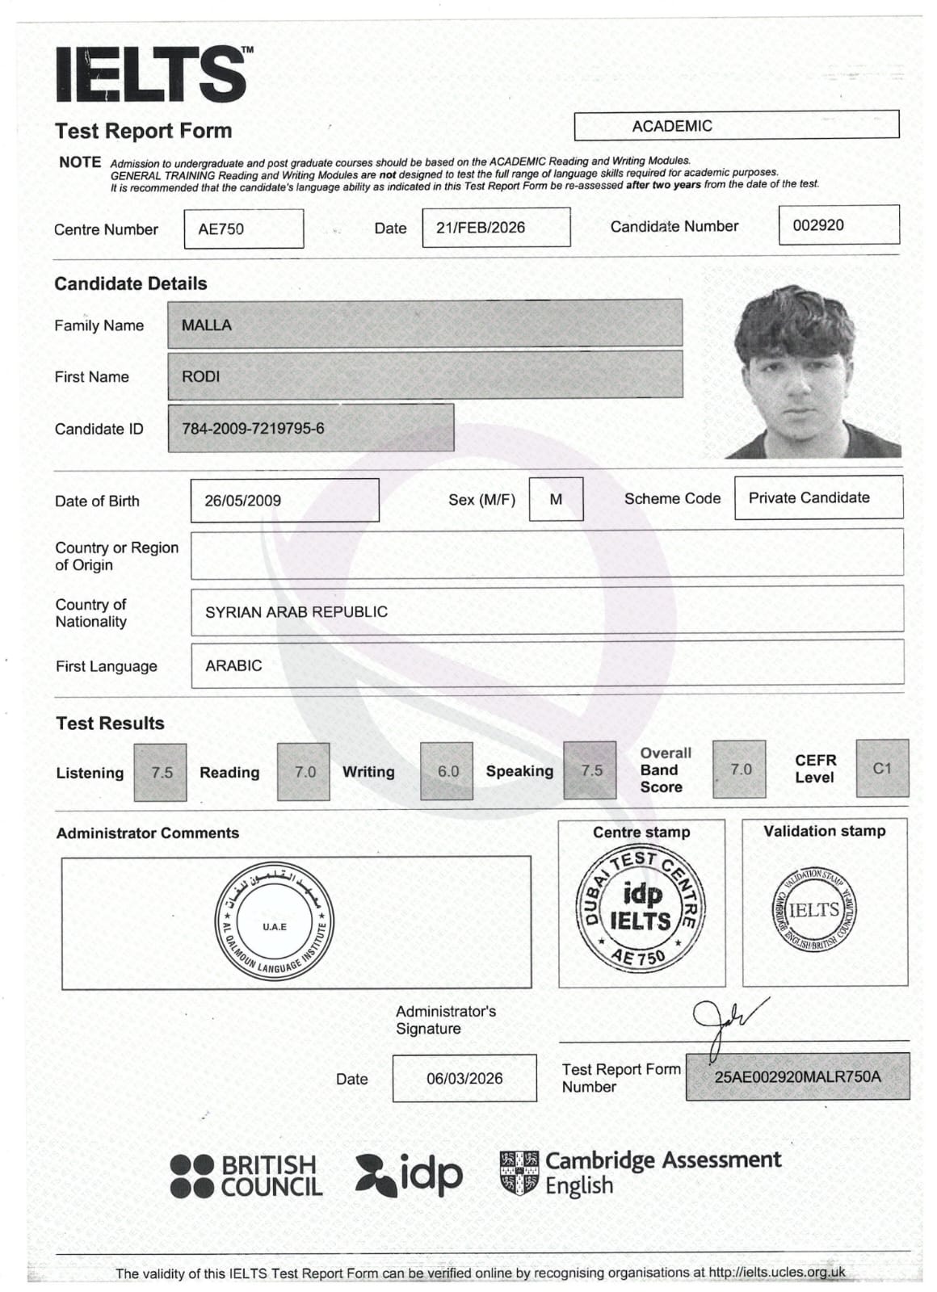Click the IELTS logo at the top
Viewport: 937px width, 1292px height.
[152, 74]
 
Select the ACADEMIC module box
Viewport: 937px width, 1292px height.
[736, 125]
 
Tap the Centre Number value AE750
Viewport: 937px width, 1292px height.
[221, 229]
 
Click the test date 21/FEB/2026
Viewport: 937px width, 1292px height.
[481, 228]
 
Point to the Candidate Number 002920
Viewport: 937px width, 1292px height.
[818, 225]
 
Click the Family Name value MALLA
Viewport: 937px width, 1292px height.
[207, 325]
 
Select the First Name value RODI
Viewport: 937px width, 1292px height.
[201, 376]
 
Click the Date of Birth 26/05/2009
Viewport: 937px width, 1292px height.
[243, 500]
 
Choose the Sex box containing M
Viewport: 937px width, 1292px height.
[556, 499]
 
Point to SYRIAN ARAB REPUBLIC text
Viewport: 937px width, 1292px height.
[296, 611]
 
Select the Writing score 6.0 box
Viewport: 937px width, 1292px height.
[447, 771]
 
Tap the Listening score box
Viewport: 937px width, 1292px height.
[162, 772]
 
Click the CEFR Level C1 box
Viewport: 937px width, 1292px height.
[881, 768]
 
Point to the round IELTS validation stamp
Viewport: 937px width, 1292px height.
[813, 910]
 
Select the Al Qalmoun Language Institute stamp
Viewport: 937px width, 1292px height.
[275, 922]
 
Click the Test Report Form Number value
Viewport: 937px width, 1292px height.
[797, 1076]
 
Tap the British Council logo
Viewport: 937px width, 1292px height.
[246, 1176]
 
